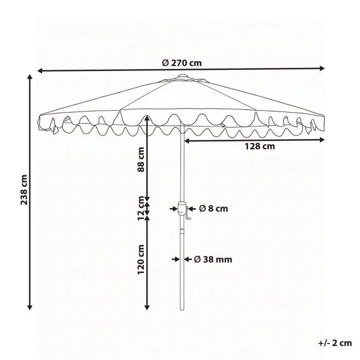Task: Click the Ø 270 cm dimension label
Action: [182, 63]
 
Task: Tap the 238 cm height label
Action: [23, 190]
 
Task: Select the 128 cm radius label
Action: [260, 146]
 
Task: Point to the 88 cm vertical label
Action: [141, 159]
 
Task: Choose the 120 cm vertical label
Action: [141, 259]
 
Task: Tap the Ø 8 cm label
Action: [213, 208]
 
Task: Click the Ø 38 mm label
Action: [213, 259]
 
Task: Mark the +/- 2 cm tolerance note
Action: [334, 343]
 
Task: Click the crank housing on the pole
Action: [182, 209]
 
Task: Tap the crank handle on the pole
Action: [188, 218]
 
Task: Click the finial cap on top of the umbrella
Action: [182, 77]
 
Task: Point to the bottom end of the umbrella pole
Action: [182, 309]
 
